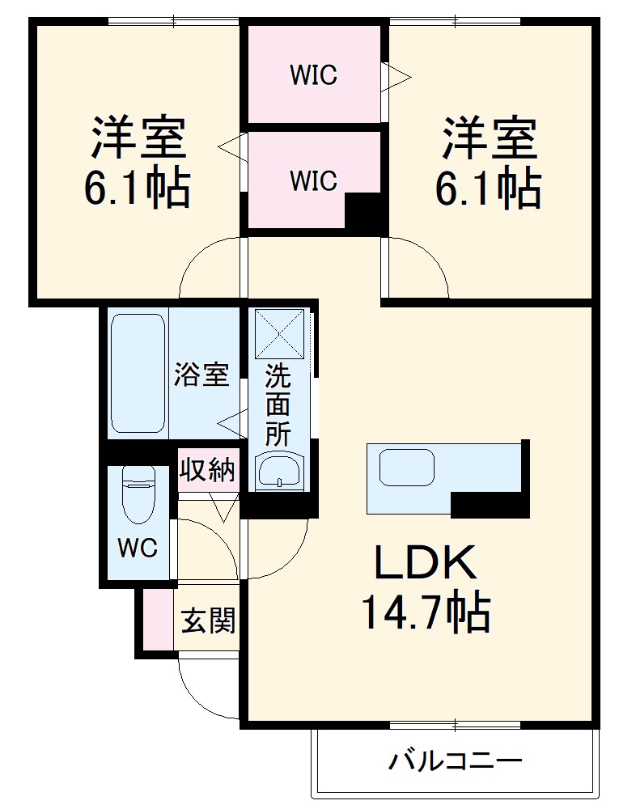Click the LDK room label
(424, 562)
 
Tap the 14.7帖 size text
(424, 612)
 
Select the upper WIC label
(313, 75)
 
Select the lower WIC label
(313, 180)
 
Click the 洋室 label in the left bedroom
(138, 138)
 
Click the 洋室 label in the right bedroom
(489, 138)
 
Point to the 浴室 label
(201, 375)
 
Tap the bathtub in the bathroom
(138, 373)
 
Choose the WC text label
(138, 548)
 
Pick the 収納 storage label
(207, 470)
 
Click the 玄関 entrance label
(208, 621)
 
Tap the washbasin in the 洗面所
(278, 471)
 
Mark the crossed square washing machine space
(278, 333)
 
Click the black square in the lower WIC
(363, 211)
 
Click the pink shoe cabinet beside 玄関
(159, 620)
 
